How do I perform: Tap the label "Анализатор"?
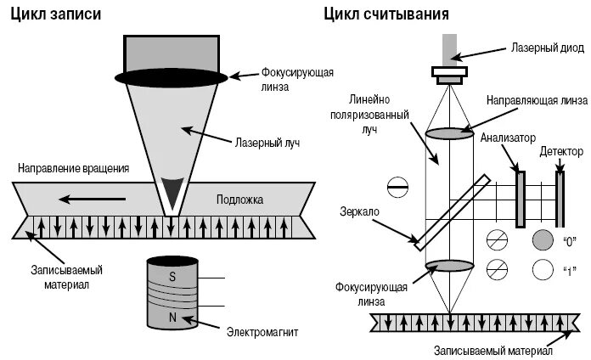509,137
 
